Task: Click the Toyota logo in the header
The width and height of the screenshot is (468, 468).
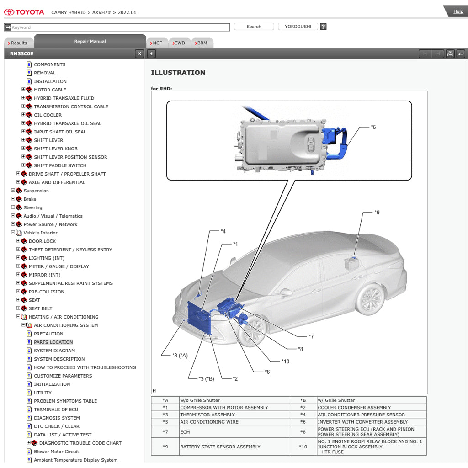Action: (24, 12)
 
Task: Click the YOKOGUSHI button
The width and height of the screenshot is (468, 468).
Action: (298, 27)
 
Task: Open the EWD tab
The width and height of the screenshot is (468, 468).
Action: (179, 43)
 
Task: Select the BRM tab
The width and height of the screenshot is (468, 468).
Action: (202, 43)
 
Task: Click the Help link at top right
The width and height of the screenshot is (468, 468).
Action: (458, 11)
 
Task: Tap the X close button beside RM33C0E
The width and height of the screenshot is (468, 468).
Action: (139, 54)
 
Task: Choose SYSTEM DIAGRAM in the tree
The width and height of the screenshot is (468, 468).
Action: (54, 351)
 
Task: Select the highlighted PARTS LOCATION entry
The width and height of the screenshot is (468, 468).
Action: (53, 342)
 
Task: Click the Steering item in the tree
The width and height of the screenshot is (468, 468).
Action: (33, 207)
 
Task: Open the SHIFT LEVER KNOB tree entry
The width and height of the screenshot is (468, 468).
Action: (55, 149)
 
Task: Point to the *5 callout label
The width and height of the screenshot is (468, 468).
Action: (373, 127)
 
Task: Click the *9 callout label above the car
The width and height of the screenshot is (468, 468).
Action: (377, 213)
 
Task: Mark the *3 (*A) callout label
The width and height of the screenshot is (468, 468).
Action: (180, 355)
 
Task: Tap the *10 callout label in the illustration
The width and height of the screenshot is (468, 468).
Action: (285, 362)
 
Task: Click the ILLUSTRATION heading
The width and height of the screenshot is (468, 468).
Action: (178, 73)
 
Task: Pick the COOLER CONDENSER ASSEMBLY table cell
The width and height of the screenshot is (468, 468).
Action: (354, 407)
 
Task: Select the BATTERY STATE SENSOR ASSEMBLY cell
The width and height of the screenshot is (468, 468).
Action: (220, 447)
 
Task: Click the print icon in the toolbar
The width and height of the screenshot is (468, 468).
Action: (450, 54)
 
